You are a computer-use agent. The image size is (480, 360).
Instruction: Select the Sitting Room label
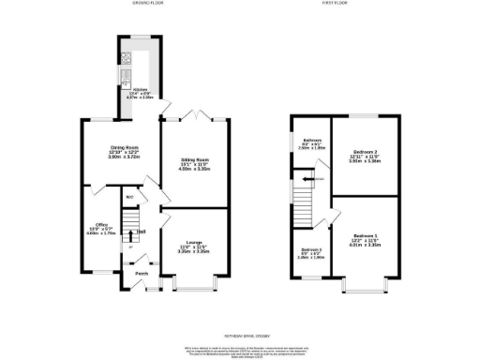click(x=194, y=160)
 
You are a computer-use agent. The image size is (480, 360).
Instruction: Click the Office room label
click(x=101, y=225)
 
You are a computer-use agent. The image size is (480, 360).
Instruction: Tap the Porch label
click(x=141, y=274)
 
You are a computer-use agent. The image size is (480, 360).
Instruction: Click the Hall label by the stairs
click(x=141, y=232)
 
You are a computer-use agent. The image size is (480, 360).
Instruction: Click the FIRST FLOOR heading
click(x=336, y=4)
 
